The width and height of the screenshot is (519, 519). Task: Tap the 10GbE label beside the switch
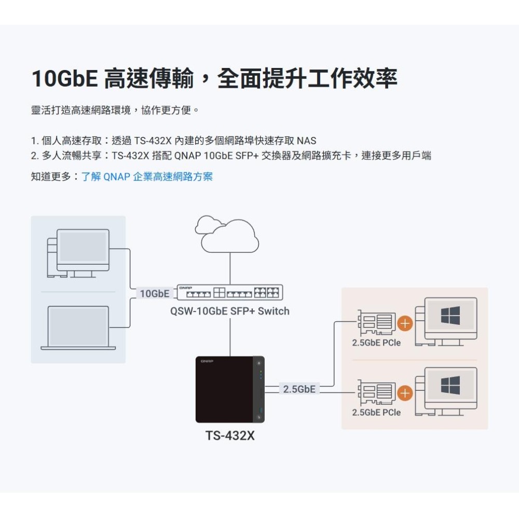click(154, 294)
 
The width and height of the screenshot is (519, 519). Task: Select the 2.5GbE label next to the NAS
click(299, 389)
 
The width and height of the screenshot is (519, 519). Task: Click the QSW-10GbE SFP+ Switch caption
click(229, 311)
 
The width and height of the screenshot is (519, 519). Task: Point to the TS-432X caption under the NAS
click(230, 436)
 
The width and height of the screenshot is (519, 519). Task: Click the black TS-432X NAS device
click(230, 390)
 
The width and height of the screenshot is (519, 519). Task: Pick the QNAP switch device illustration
click(230, 293)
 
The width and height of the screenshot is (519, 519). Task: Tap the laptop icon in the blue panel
click(78, 327)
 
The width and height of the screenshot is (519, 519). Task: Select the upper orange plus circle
click(404, 324)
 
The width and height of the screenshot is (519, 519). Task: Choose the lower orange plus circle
click(404, 394)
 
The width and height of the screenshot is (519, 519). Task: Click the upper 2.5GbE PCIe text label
click(376, 343)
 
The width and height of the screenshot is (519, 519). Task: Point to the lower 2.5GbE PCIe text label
click(376, 412)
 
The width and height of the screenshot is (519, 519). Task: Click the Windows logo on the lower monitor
click(450, 384)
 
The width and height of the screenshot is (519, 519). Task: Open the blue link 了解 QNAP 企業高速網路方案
click(147, 176)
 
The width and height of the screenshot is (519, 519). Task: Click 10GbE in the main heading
click(64, 79)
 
